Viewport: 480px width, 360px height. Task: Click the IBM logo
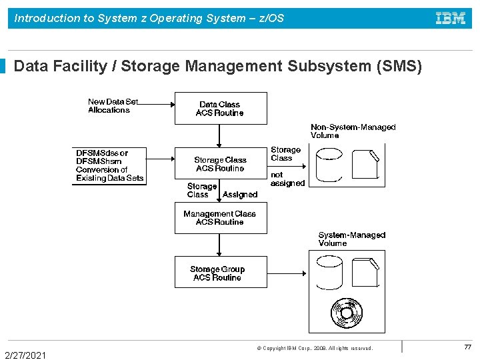(x=451, y=19)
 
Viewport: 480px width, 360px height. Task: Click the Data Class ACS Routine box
(x=220, y=109)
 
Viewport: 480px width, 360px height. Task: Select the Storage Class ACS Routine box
(x=220, y=164)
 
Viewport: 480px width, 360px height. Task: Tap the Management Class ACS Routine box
(x=220, y=218)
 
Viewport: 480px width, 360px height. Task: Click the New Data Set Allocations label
(x=113, y=106)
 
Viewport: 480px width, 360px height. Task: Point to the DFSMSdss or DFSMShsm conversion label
(x=109, y=165)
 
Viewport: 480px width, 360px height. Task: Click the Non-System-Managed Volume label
(x=353, y=131)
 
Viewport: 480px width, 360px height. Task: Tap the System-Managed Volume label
(x=351, y=239)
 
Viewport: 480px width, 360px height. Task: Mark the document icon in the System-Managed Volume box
(x=365, y=273)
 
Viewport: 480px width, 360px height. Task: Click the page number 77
(x=467, y=347)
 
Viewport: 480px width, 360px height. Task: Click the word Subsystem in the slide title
(x=333, y=67)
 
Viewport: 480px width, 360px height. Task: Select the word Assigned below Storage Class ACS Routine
(x=240, y=195)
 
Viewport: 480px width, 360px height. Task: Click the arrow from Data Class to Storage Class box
(x=220, y=136)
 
